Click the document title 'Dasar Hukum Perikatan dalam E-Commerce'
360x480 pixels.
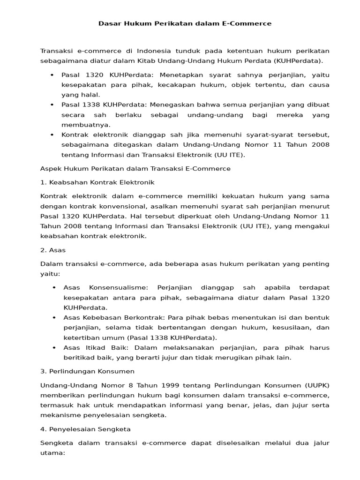[x=185, y=23]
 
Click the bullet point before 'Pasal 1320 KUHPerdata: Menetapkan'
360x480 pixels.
[x=51, y=75]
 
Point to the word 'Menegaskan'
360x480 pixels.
[x=178, y=105]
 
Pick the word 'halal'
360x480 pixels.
[x=90, y=95]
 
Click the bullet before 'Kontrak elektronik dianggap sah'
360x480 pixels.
[x=51, y=135]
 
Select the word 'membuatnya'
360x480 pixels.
[x=86, y=125]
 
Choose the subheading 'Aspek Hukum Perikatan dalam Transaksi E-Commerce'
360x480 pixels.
[x=135, y=168]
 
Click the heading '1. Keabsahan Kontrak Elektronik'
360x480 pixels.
[x=97, y=182]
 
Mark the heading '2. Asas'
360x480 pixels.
[x=53, y=250]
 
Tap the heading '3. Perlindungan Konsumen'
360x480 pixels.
[x=88, y=371]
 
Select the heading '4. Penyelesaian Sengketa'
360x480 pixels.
[x=86, y=429]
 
